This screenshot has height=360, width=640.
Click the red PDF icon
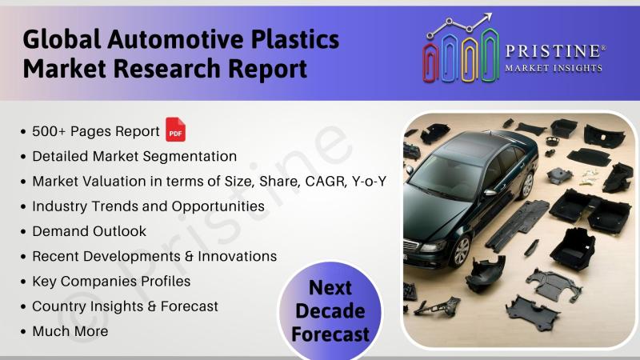(x=175, y=130)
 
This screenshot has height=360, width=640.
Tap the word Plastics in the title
(x=294, y=39)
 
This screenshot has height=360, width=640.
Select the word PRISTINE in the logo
(x=553, y=51)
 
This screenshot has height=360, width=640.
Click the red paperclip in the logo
(x=430, y=62)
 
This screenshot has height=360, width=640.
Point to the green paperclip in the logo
(x=490, y=54)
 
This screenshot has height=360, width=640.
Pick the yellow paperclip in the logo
(x=470, y=59)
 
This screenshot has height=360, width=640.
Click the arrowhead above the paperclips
(x=487, y=18)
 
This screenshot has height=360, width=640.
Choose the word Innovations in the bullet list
(x=237, y=256)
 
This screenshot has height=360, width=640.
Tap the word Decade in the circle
(x=330, y=311)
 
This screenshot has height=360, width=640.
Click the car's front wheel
(x=461, y=251)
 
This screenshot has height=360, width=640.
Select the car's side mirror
(x=490, y=193)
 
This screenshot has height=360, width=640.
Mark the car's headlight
(x=434, y=246)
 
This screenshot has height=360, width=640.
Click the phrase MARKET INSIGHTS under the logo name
(x=554, y=68)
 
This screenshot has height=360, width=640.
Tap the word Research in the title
(x=167, y=69)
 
